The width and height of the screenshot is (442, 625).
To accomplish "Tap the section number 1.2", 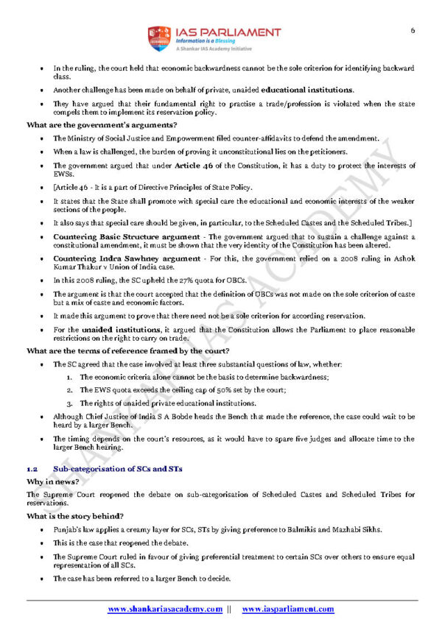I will (32, 469).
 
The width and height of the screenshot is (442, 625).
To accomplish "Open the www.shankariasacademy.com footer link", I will (165, 609).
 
